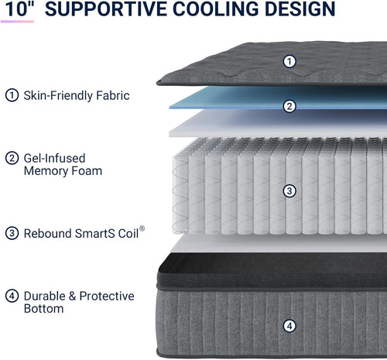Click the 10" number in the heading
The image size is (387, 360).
[19, 9]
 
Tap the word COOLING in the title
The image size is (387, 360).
[215, 9]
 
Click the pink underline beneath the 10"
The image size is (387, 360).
[17, 22]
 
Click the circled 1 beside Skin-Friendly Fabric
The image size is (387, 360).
[12, 95]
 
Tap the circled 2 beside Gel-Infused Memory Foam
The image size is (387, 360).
[12, 158]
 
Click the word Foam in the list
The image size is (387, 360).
[87, 171]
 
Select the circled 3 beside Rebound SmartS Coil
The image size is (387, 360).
[12, 233]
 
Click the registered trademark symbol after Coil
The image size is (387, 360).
[142, 228]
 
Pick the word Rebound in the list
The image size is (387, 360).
[47, 233]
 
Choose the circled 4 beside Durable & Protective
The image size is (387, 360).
[12, 296]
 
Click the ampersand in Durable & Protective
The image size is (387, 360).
[72, 296]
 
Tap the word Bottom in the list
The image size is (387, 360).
[44, 309]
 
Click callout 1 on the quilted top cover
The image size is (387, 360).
[289, 61]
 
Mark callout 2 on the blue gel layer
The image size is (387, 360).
[289, 106]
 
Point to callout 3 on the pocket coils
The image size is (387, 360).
[289, 191]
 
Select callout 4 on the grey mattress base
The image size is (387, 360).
[289, 326]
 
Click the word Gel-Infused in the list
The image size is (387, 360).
[54, 158]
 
